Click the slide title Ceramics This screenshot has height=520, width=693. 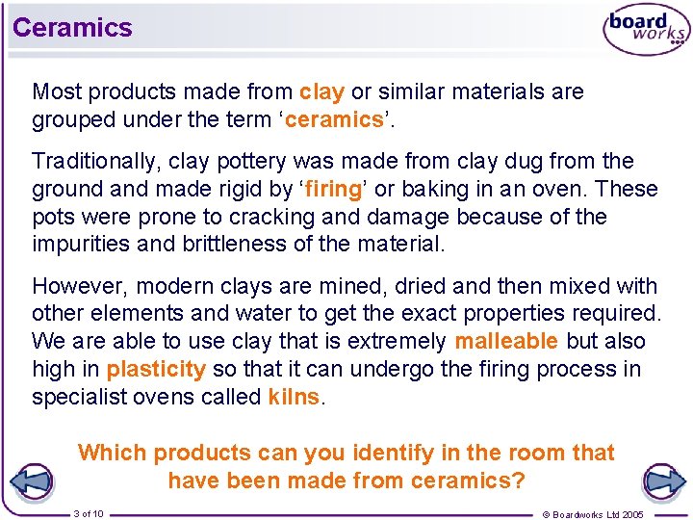(72, 27)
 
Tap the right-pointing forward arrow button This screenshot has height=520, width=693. (661, 481)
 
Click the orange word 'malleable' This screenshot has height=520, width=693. (506, 341)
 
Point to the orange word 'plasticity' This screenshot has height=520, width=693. (156, 369)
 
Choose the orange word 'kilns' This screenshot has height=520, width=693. (294, 397)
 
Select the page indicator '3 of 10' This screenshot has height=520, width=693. (89, 513)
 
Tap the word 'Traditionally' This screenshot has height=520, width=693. (88, 161)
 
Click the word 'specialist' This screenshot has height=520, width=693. (76, 397)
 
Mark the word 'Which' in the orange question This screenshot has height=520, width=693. (113, 453)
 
